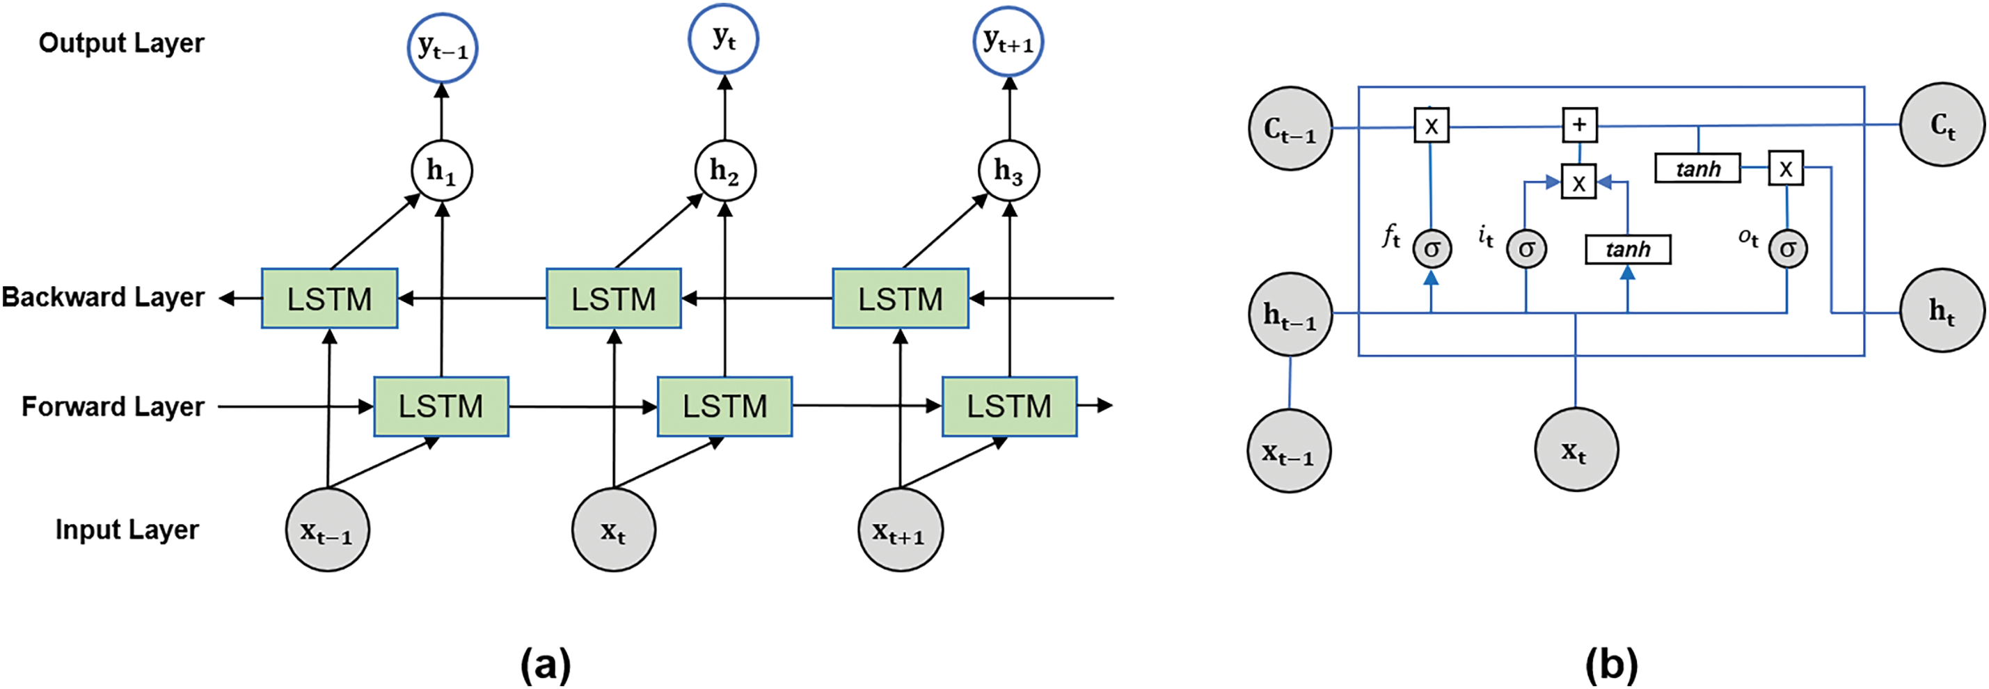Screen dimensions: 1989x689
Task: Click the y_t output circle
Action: click(x=724, y=38)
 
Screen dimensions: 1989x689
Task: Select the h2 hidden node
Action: click(x=724, y=171)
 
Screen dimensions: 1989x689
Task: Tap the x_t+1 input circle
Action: click(x=901, y=529)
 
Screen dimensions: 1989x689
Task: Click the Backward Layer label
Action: click(x=103, y=297)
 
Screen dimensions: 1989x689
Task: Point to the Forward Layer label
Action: click(x=113, y=407)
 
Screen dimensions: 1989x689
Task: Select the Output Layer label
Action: click(x=121, y=43)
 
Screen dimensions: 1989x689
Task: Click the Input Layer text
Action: click(x=127, y=530)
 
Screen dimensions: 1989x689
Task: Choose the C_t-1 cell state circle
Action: click(x=1290, y=128)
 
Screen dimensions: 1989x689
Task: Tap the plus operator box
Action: click(x=1579, y=125)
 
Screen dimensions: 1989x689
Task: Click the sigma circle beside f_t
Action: click(x=1432, y=248)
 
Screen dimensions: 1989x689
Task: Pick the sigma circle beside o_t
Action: click(x=1787, y=248)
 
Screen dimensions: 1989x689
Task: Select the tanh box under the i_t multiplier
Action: click(x=1628, y=249)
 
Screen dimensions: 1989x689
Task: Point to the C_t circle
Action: click(x=1942, y=125)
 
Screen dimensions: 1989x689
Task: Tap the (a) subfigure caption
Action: click(x=546, y=664)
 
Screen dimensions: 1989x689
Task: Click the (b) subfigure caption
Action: click(x=1611, y=664)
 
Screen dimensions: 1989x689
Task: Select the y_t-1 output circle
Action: click(x=443, y=48)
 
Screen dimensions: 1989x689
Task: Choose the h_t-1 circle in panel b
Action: click(x=1290, y=314)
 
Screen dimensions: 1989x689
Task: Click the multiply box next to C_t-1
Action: click(x=1432, y=125)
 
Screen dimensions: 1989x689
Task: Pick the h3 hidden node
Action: click(x=1008, y=171)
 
